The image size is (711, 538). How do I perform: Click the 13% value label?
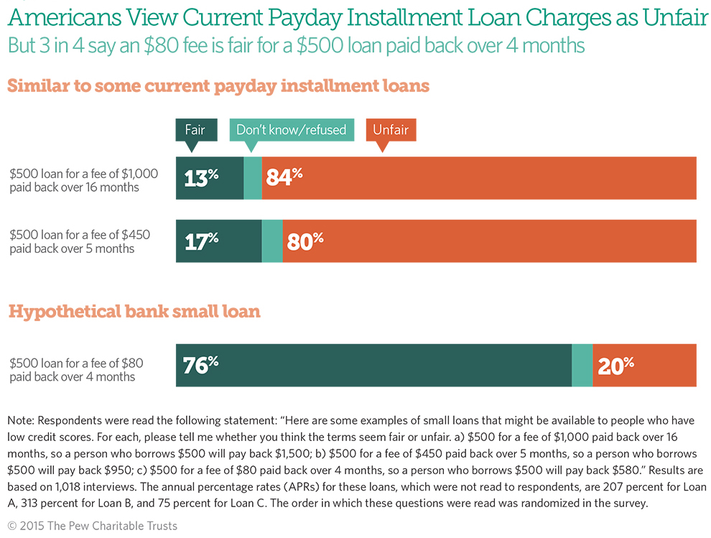201,177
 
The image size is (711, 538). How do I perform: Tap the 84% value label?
284,177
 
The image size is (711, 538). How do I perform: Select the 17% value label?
201,241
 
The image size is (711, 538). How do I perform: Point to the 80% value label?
305,241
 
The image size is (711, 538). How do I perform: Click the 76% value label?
201,366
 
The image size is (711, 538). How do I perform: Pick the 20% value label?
616,366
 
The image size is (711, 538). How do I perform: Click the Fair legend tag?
195,130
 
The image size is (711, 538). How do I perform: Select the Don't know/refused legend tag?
291,130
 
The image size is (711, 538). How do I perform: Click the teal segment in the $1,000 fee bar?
253,177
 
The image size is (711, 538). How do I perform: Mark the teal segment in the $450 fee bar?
272,241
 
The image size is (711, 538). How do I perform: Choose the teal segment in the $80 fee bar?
582,366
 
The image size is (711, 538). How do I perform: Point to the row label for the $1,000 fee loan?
83,180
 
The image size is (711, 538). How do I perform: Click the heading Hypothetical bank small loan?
134,312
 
